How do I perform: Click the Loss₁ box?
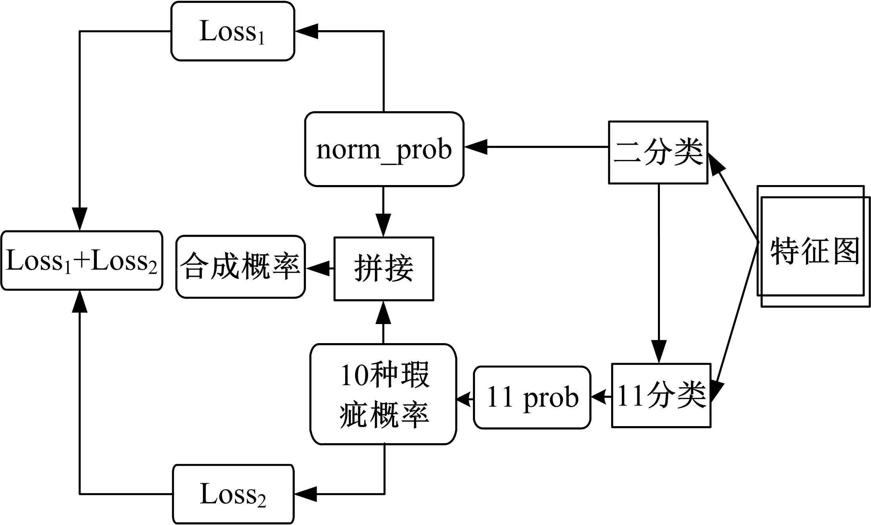(233, 31)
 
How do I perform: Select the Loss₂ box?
(233, 494)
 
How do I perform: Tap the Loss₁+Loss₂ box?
(82, 261)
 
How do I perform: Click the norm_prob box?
(384, 149)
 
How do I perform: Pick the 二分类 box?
(658, 152)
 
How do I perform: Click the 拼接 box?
(384, 269)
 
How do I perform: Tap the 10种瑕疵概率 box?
(383, 394)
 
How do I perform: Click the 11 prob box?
(532, 398)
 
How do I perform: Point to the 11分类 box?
(661, 396)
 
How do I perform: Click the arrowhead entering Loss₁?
(306, 31)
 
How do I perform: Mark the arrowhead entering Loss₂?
(306, 494)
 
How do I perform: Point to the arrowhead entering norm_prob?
(475, 147)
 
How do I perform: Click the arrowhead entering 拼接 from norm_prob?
(383, 226)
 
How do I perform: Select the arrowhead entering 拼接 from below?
(383, 313)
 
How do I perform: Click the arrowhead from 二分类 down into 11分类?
(659, 351)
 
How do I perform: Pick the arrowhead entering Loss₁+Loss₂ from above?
(80, 219)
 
